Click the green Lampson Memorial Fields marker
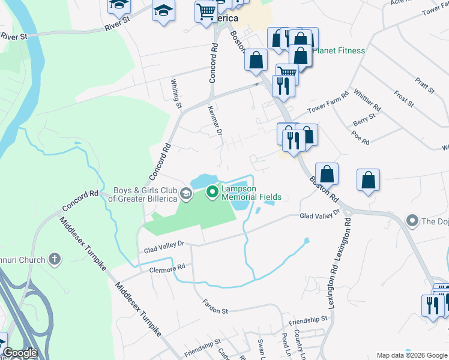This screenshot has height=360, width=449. [211, 192]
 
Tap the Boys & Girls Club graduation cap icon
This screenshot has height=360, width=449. [186, 193]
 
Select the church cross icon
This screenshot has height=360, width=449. [55, 260]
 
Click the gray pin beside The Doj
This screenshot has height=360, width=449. [412, 221]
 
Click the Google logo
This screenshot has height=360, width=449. [20, 353]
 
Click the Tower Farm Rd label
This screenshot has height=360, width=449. [328, 103]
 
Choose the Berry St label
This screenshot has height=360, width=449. [363, 122]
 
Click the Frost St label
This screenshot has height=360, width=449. [403, 95]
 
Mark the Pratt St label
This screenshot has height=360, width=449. [424, 84]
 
